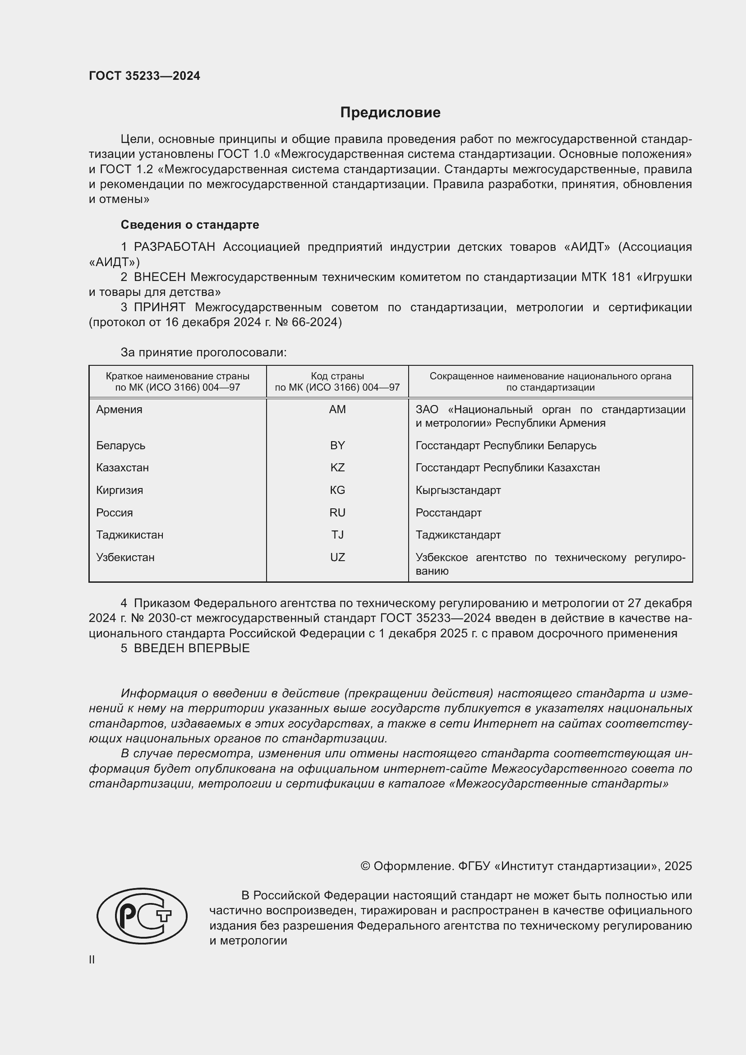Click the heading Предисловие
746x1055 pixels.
click(390, 113)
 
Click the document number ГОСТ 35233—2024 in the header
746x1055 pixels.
click(144, 76)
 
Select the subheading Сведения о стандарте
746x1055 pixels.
click(190, 225)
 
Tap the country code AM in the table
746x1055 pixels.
click(337, 410)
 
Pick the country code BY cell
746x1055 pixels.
click(337, 445)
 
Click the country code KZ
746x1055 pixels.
click(337, 468)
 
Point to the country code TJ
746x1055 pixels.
click(337, 535)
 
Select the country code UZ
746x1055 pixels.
click(337, 557)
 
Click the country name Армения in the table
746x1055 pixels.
click(119, 410)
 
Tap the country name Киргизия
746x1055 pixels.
click(120, 490)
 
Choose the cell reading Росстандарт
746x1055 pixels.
click(448, 513)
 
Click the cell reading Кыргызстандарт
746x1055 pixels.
click(458, 490)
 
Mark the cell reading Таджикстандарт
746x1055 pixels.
click(458, 535)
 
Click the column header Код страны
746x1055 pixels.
click(337, 376)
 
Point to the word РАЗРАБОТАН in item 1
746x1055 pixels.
click(175, 247)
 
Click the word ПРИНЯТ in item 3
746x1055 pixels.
click(159, 308)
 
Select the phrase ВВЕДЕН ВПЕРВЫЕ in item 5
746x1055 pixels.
click(192, 648)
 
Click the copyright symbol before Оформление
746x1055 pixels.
click(365, 866)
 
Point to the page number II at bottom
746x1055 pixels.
click(92, 960)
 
